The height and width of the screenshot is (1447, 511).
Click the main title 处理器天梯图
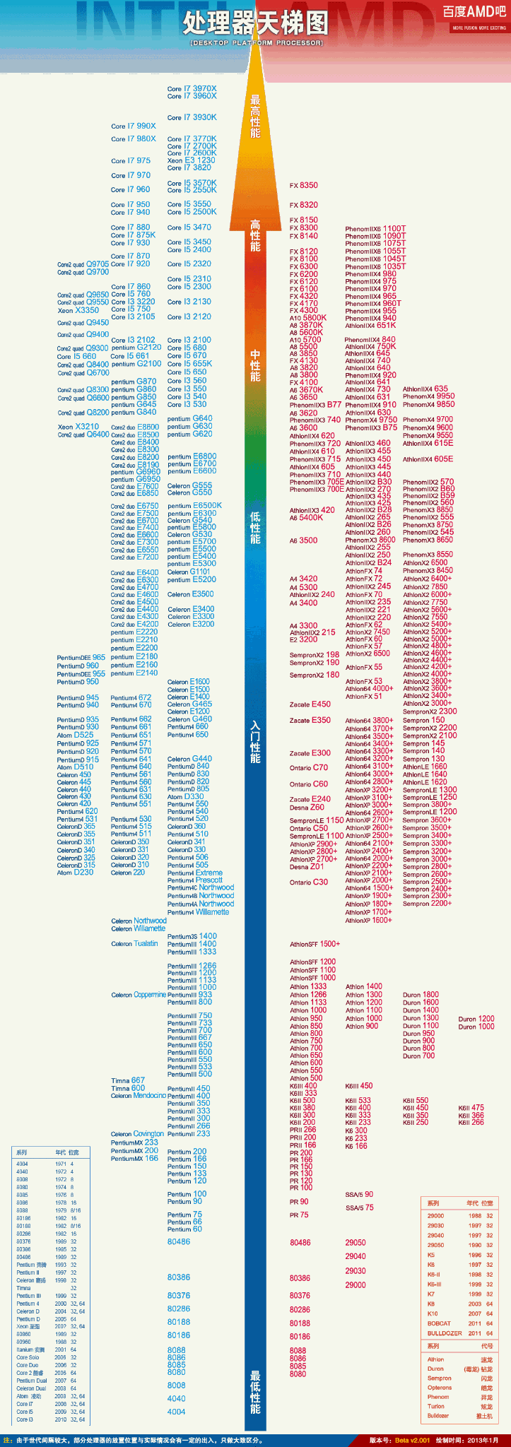[255, 23]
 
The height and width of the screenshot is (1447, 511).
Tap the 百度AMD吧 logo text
[474, 11]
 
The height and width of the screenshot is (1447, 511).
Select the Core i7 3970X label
[192, 89]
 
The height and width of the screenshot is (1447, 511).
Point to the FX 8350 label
[304, 185]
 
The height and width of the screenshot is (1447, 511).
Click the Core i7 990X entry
[134, 126]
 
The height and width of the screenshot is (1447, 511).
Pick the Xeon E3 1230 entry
[191, 160]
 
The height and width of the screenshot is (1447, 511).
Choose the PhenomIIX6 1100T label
[375, 229]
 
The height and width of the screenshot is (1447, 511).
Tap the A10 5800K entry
[308, 318]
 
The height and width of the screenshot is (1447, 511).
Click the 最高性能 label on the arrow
[255, 117]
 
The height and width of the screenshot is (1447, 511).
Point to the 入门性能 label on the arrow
[255, 742]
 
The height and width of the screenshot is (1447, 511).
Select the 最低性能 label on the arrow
[255, 1392]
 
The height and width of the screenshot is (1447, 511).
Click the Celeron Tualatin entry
[134, 944]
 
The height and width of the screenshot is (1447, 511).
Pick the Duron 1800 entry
[421, 995]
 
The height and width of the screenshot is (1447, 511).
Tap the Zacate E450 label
[310, 704]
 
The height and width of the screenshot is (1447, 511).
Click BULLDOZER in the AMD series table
[445, 1333]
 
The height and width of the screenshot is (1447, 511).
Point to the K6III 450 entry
[358, 1086]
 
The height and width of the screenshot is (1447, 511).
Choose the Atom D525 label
[75, 736]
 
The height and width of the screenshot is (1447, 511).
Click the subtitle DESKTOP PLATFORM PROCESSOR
[256, 43]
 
